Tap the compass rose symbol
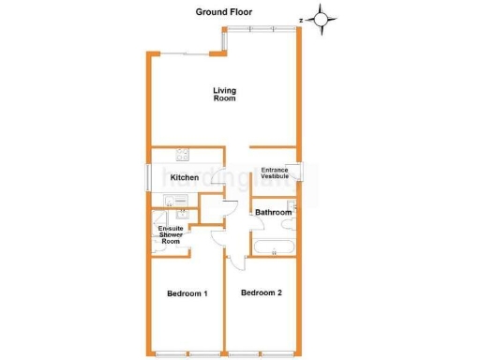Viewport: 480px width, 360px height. [322, 17]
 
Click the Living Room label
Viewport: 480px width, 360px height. [224, 94]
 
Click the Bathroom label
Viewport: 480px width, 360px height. [273, 213]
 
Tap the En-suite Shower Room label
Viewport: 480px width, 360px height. [170, 235]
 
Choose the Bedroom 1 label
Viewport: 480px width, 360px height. [187, 293]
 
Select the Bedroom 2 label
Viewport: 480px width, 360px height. [262, 292]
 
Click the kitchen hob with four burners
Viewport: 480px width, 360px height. [183, 156]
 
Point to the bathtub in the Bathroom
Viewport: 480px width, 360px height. [274, 247]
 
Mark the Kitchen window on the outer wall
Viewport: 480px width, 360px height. [149, 176]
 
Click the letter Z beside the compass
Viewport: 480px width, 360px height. [301, 18]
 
